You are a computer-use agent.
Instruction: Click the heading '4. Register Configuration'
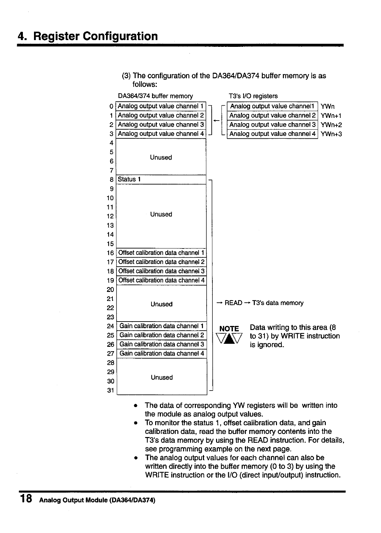[88, 36]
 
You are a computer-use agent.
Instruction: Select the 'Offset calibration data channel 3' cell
[161, 271]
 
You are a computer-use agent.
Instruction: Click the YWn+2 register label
[331, 125]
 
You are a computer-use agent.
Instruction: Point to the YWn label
[327, 106]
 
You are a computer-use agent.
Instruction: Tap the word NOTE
[229, 329]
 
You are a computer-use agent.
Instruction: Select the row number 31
[110, 391]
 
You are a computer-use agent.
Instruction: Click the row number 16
[110, 253]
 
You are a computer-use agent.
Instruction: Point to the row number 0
[111, 106]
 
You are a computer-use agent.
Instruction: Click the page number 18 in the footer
[26, 498]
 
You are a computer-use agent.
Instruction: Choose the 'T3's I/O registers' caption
[253, 96]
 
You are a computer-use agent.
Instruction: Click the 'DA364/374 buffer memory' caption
[155, 96]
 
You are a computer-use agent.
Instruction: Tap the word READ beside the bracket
[233, 303]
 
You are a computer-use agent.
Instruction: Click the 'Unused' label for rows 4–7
[161, 158]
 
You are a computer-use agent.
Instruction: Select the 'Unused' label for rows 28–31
[162, 378]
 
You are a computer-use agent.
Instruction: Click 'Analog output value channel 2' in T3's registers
[272, 115]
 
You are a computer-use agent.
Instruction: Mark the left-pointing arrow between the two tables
[217, 120]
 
